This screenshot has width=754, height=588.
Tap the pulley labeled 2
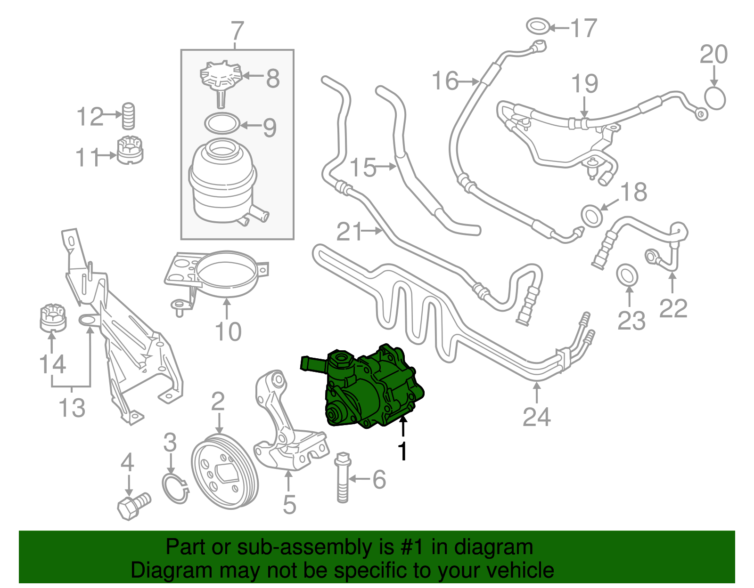[225, 473]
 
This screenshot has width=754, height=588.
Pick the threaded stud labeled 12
[129, 116]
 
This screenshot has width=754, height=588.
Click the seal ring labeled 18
[592, 216]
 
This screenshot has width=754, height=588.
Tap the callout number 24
[537, 417]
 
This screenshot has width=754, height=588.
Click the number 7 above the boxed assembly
[238, 32]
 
